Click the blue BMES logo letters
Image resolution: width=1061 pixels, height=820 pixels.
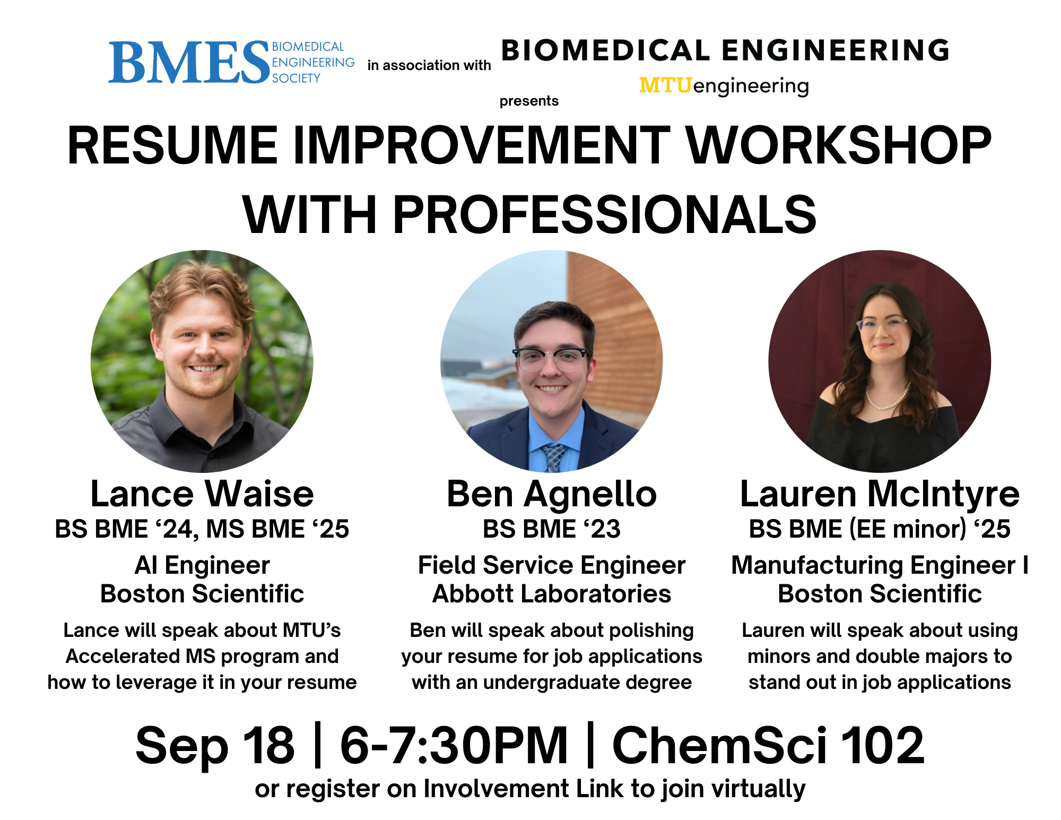[189, 63]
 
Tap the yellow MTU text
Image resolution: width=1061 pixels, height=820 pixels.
[666, 85]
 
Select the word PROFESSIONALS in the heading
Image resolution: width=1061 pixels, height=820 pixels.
[604, 214]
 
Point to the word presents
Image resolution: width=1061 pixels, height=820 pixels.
[529, 101]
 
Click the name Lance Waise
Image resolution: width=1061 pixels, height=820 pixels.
[202, 494]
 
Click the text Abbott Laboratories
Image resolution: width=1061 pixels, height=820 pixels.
[552, 594]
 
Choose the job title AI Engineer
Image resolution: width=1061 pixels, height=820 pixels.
[202, 565]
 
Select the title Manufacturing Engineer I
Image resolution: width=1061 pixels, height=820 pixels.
[880, 565]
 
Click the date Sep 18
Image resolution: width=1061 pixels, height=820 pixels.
[215, 746]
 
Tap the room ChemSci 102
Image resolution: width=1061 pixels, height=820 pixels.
[769, 745]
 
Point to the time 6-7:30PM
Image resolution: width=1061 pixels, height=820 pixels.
[454, 745]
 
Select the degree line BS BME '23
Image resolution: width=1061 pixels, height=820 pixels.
[552, 529]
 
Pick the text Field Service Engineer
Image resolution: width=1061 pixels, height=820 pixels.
[552, 565]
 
